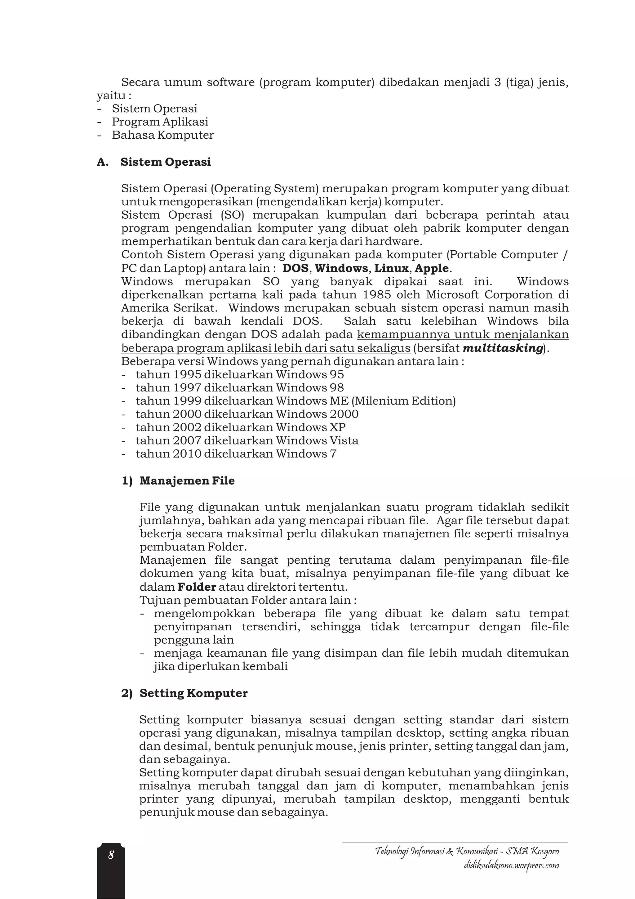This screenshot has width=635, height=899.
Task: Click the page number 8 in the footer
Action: [x=111, y=855]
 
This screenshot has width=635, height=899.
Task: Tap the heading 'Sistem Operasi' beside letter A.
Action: [x=166, y=162]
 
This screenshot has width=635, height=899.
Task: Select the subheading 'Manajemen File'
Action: [x=187, y=481]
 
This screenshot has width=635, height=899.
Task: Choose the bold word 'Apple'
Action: [x=432, y=268]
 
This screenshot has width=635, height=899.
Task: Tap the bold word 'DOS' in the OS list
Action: [x=295, y=268]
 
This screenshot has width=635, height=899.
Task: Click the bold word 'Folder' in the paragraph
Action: [x=197, y=587]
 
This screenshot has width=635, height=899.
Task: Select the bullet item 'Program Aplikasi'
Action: [x=160, y=122]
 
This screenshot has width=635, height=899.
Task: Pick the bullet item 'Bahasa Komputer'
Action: [x=163, y=135]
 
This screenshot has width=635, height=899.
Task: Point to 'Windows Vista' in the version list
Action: [x=317, y=441]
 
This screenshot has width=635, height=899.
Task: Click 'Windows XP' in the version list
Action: [x=311, y=427]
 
